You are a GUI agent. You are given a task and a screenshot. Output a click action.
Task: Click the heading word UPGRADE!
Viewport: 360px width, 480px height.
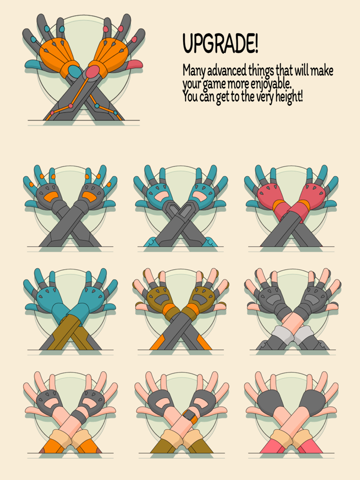coord(220,44)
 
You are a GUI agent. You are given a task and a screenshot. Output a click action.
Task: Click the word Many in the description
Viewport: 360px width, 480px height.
coord(194,71)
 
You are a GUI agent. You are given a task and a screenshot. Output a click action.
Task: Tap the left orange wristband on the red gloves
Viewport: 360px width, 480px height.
coord(279,205)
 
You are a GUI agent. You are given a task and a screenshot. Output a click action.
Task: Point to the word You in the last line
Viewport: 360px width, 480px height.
coord(190,97)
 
